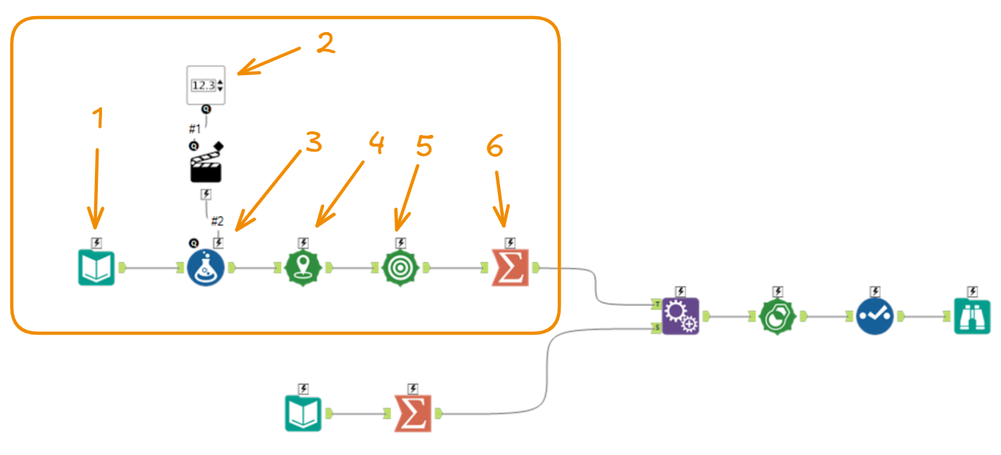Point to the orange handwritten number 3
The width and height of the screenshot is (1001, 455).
pos(313,143)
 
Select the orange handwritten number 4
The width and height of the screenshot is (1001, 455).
pos(376,144)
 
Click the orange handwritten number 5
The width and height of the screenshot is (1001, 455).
pos(424,146)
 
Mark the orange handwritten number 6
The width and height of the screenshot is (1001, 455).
pos(494,148)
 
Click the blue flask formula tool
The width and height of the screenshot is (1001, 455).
pos(206,268)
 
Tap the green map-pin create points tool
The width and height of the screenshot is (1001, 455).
pos(303,268)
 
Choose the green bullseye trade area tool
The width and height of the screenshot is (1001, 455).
pos(400,268)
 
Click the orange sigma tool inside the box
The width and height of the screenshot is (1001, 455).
pos(510,268)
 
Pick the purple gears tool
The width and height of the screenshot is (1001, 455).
pos(680,316)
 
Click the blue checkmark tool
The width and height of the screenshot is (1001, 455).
pos(874,316)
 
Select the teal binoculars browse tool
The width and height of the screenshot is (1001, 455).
pos(973,316)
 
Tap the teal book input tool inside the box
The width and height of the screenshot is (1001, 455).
pos(96,268)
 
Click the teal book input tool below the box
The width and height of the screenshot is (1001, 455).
pos(303,413)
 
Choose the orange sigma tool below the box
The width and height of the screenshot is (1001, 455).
pos(413,413)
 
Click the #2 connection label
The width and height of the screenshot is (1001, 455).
pos(217,221)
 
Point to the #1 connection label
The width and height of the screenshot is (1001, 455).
pos(194,128)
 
